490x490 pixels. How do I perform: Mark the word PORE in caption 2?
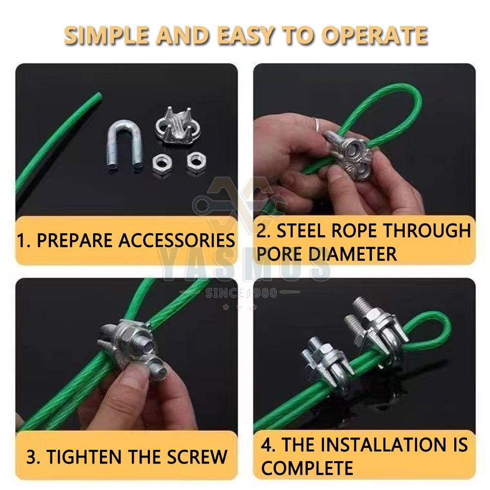(276, 254)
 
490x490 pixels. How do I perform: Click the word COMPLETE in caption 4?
(307, 468)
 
